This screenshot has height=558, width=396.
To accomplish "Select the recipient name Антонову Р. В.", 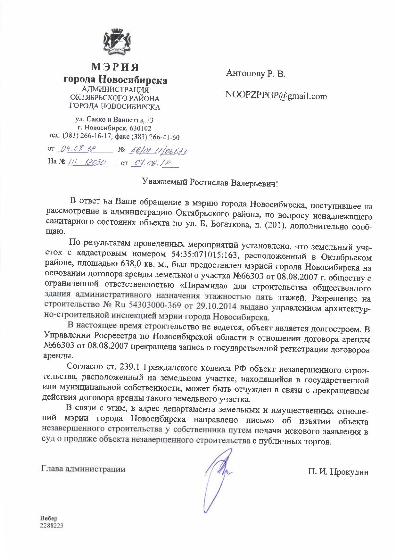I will coord(256,74).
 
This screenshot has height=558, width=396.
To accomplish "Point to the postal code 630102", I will coord(142,129).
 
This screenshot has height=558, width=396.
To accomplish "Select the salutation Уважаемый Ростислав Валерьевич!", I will coord(209,183).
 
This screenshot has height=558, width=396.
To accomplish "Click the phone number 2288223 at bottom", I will coord(52,526).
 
